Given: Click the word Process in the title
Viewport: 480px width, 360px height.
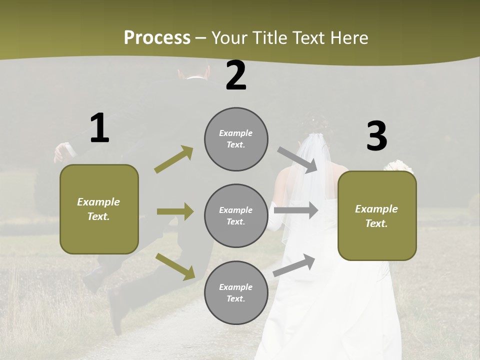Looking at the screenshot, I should (157, 37).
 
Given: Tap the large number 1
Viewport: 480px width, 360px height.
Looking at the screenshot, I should (99, 128).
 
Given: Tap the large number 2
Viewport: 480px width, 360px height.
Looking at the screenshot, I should (236, 75).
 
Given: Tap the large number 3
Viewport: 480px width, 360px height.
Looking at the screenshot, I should (376, 136).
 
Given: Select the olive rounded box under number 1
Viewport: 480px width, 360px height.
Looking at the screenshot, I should (99, 209).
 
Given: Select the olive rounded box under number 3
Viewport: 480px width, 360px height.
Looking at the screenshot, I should (377, 216).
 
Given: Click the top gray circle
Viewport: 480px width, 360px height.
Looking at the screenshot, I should (236, 139).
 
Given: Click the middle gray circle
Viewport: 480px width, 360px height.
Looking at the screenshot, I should (236, 215).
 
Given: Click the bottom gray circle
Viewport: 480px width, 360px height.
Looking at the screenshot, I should (236, 292).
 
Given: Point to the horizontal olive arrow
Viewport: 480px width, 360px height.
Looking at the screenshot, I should (175, 211).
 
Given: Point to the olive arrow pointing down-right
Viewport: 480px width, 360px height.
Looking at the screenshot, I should (175, 266).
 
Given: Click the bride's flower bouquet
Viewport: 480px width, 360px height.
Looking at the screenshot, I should (398, 166).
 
